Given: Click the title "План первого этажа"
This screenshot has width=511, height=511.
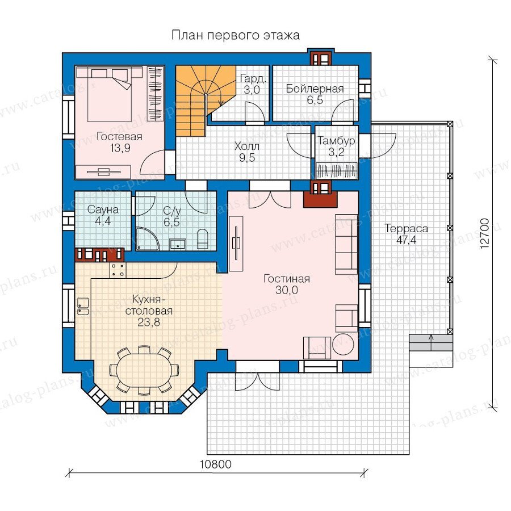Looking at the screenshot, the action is [235, 35].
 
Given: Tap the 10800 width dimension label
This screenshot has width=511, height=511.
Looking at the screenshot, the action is [215, 464].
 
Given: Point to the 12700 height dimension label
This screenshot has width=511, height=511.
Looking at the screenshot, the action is [485, 234].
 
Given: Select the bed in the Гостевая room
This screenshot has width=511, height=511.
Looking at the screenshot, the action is [109, 94].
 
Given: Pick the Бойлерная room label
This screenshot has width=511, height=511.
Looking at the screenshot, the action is [315, 89].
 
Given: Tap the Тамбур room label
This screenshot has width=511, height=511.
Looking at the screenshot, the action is [336, 141].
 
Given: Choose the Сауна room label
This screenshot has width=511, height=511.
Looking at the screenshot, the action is [103, 209].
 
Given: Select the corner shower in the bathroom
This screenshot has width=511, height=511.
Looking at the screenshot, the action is [146, 238].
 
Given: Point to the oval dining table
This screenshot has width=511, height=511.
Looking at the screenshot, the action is [144, 369].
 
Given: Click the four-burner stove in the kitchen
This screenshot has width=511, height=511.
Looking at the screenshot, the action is [118, 270].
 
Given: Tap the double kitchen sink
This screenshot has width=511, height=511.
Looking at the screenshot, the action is [83, 307].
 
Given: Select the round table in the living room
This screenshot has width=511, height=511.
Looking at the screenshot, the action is [341, 344].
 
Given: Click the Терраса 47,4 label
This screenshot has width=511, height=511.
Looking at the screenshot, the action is [406, 234].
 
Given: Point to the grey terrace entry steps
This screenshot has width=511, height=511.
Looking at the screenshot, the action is [431, 342].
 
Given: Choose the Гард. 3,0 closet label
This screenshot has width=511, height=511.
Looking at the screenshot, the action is [253, 84].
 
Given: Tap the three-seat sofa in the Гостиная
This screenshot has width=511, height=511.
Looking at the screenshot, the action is [346, 244].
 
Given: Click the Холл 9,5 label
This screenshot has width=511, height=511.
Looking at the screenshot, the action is [247, 152].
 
